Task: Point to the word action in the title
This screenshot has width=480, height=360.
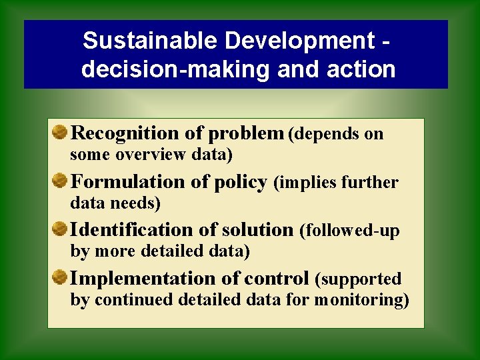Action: tap(363, 69)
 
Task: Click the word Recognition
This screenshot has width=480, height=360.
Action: tap(125, 133)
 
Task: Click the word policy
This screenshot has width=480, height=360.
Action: tap(241, 182)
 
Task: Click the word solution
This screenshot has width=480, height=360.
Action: tap(257, 230)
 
